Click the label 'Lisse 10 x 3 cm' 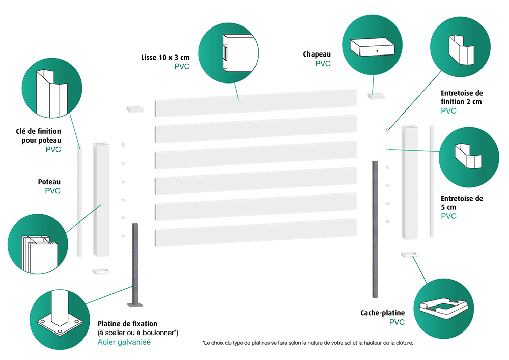[x=165, y=57]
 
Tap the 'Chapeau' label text [x=317, y=54]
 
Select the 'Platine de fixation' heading [x=127, y=324]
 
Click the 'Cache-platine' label [x=382, y=313]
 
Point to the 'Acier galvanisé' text [x=124, y=342]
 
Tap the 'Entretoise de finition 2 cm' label [x=462, y=98]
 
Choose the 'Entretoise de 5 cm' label [x=462, y=203]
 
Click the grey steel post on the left [x=135, y=262]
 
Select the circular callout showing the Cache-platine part [x=442, y=307]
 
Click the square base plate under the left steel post [x=135, y=304]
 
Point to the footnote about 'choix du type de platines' [x=307, y=343]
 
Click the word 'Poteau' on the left [x=49, y=182]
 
